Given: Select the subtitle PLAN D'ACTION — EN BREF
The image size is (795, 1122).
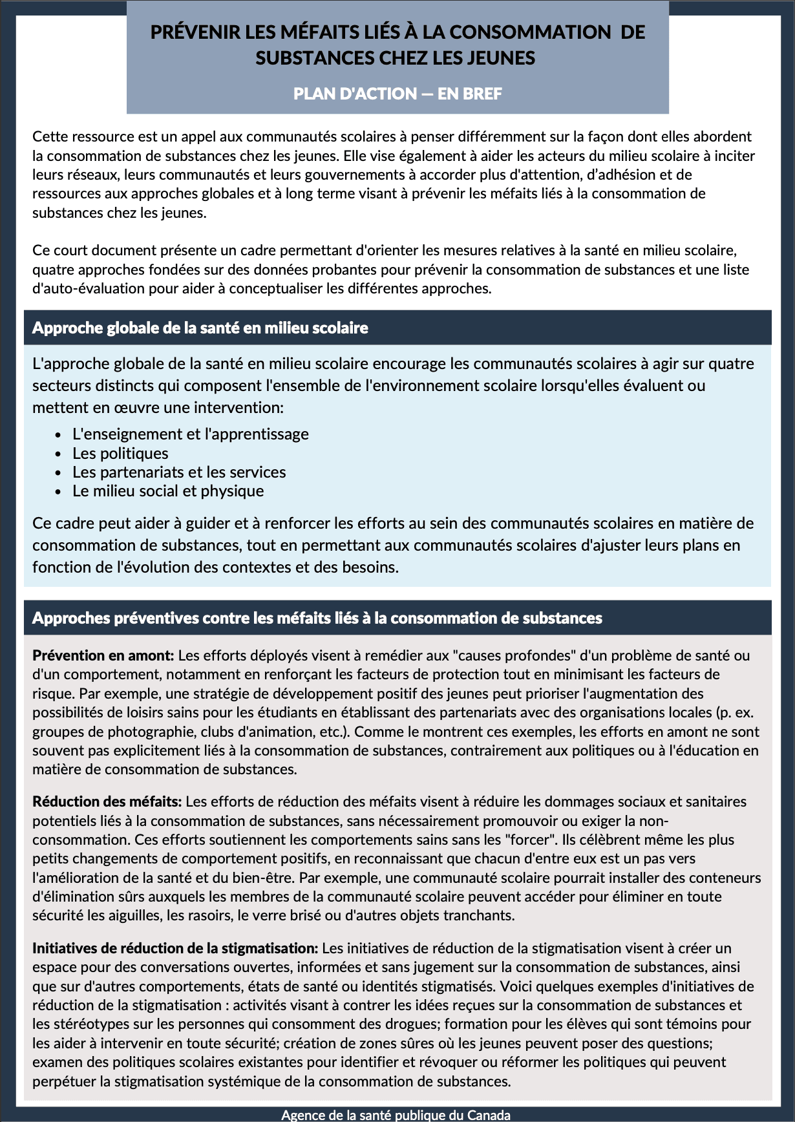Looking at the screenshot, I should coord(397,94).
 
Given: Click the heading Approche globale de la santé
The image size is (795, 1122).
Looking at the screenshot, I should coord(200,328).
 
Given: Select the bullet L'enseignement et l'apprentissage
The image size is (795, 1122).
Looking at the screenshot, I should coord(191,434).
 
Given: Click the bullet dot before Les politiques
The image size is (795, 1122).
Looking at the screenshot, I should coord(58,454).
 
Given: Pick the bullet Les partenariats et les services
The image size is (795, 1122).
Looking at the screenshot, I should coord(179,472).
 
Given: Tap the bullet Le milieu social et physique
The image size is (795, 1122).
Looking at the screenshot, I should coord(168,491).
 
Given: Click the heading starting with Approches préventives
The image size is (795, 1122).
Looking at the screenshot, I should coord(317,618).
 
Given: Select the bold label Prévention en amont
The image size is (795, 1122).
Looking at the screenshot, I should coord(103,655).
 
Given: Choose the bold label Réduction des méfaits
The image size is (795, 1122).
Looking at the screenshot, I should coord(107,801).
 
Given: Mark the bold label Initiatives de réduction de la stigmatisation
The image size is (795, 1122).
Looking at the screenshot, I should coord(175,948).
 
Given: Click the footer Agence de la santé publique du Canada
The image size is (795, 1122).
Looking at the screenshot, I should coord(396,1115).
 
